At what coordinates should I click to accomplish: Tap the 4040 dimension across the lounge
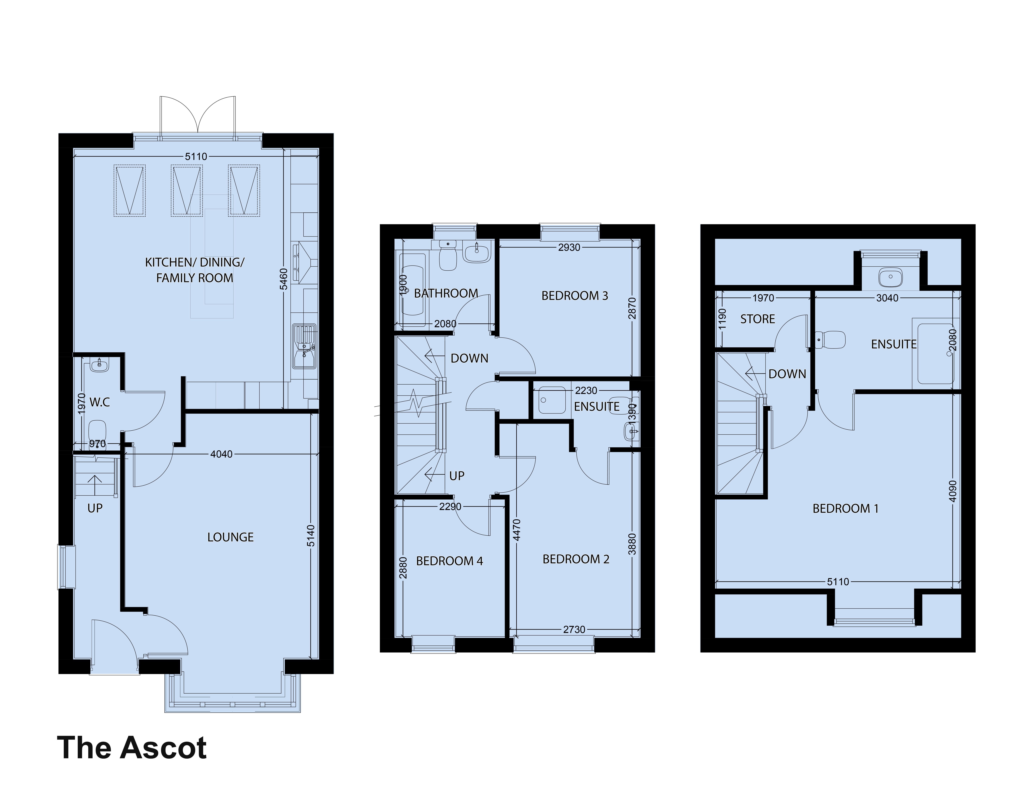coord(221,454)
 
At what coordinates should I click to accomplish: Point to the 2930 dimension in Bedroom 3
coord(569,247)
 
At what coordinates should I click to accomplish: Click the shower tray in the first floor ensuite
coord(552,400)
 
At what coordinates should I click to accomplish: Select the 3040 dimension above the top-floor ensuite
coord(887,298)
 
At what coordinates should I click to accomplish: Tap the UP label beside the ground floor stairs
coord(95,508)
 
